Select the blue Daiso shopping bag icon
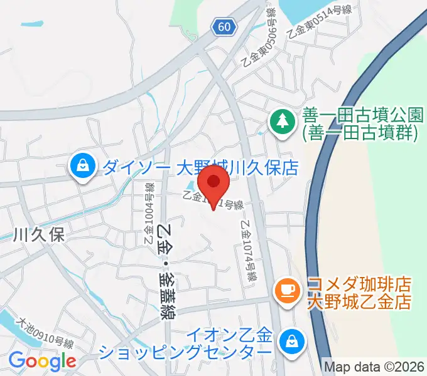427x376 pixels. tap(82, 167)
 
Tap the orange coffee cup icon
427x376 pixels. tap(287, 289)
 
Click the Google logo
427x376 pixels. tap(42, 361)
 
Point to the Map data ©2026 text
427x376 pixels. tap(374, 365)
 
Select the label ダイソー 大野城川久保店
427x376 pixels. tap(200, 168)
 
